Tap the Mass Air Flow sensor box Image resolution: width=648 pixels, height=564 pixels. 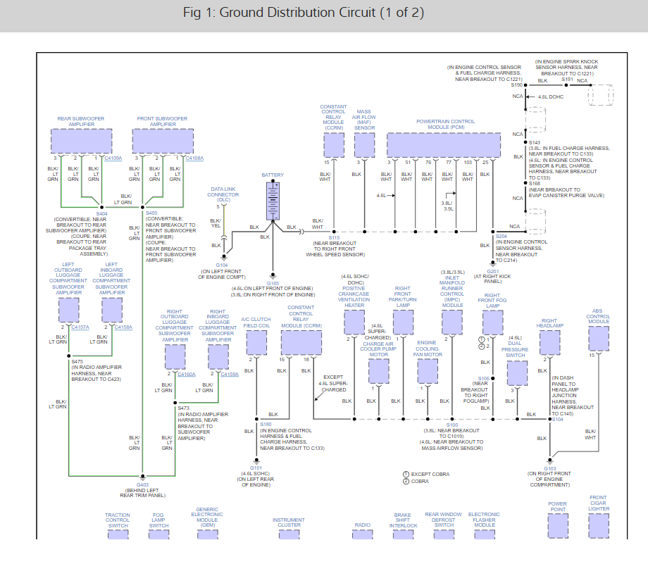tap(364, 144)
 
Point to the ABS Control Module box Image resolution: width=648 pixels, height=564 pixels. tap(599, 338)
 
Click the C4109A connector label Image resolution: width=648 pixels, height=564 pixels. tap(113, 158)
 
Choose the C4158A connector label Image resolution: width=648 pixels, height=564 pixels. tap(123, 327)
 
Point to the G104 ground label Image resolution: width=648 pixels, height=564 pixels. tap(222, 265)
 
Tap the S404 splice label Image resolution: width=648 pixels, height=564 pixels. tap(102, 213)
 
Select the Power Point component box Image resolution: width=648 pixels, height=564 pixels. tap(557, 525)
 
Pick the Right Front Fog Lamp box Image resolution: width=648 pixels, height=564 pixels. tap(492, 322)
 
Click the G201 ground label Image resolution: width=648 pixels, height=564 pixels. tap(492, 270)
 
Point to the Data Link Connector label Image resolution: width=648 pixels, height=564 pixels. tap(223, 194)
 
